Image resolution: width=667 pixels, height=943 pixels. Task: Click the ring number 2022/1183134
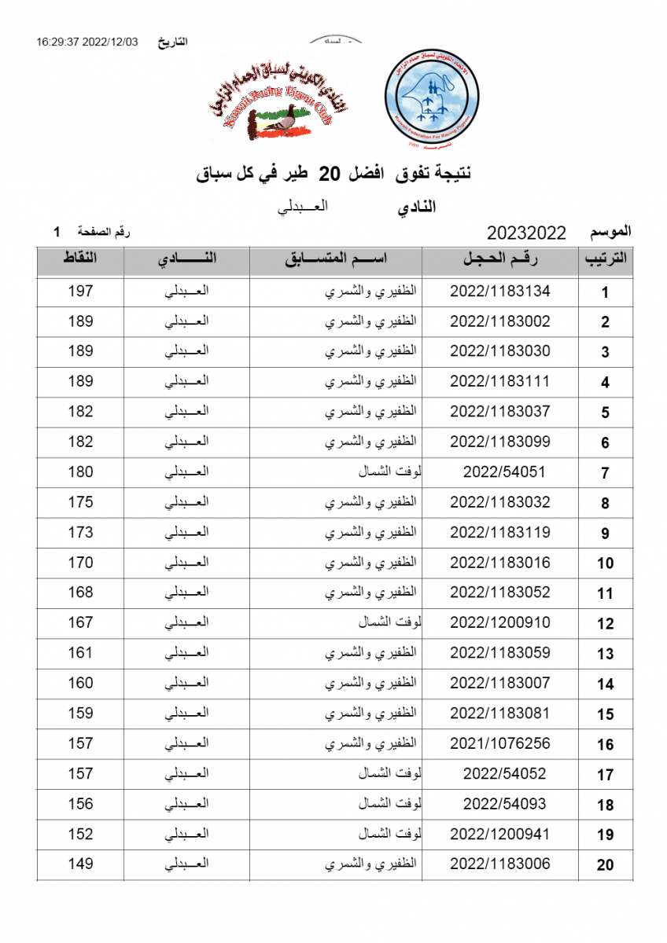click(499, 292)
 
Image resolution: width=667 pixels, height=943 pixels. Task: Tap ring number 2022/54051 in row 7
click(504, 472)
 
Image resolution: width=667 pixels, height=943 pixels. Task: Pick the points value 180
click(80, 472)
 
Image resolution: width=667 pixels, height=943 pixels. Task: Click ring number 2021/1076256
click(499, 743)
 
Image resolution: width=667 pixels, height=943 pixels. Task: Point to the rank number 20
click(605, 865)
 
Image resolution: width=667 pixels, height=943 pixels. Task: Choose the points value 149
click(80, 864)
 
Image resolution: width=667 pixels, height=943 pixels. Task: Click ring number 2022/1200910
click(499, 623)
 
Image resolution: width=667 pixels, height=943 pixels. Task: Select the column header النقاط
click(80, 260)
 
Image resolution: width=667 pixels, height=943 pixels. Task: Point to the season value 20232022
click(526, 233)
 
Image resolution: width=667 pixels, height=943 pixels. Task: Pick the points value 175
click(80, 502)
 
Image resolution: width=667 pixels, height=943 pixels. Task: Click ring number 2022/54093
click(504, 804)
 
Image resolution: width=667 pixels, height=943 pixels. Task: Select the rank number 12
click(605, 624)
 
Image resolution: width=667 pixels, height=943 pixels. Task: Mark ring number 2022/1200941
click(499, 834)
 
